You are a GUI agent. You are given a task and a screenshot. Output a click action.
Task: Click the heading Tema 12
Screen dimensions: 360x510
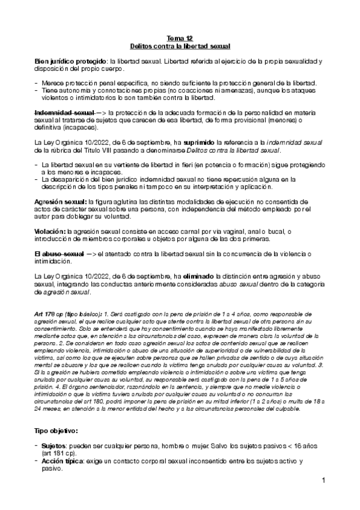[180, 37]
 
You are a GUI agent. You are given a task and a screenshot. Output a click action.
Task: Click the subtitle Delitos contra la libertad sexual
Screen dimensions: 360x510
[180, 46]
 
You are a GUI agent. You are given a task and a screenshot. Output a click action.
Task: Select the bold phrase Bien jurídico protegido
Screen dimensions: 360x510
[70, 61]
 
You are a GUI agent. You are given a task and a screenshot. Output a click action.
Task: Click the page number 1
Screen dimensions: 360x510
[323, 481]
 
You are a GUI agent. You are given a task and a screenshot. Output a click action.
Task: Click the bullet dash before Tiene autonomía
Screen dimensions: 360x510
[37, 91]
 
